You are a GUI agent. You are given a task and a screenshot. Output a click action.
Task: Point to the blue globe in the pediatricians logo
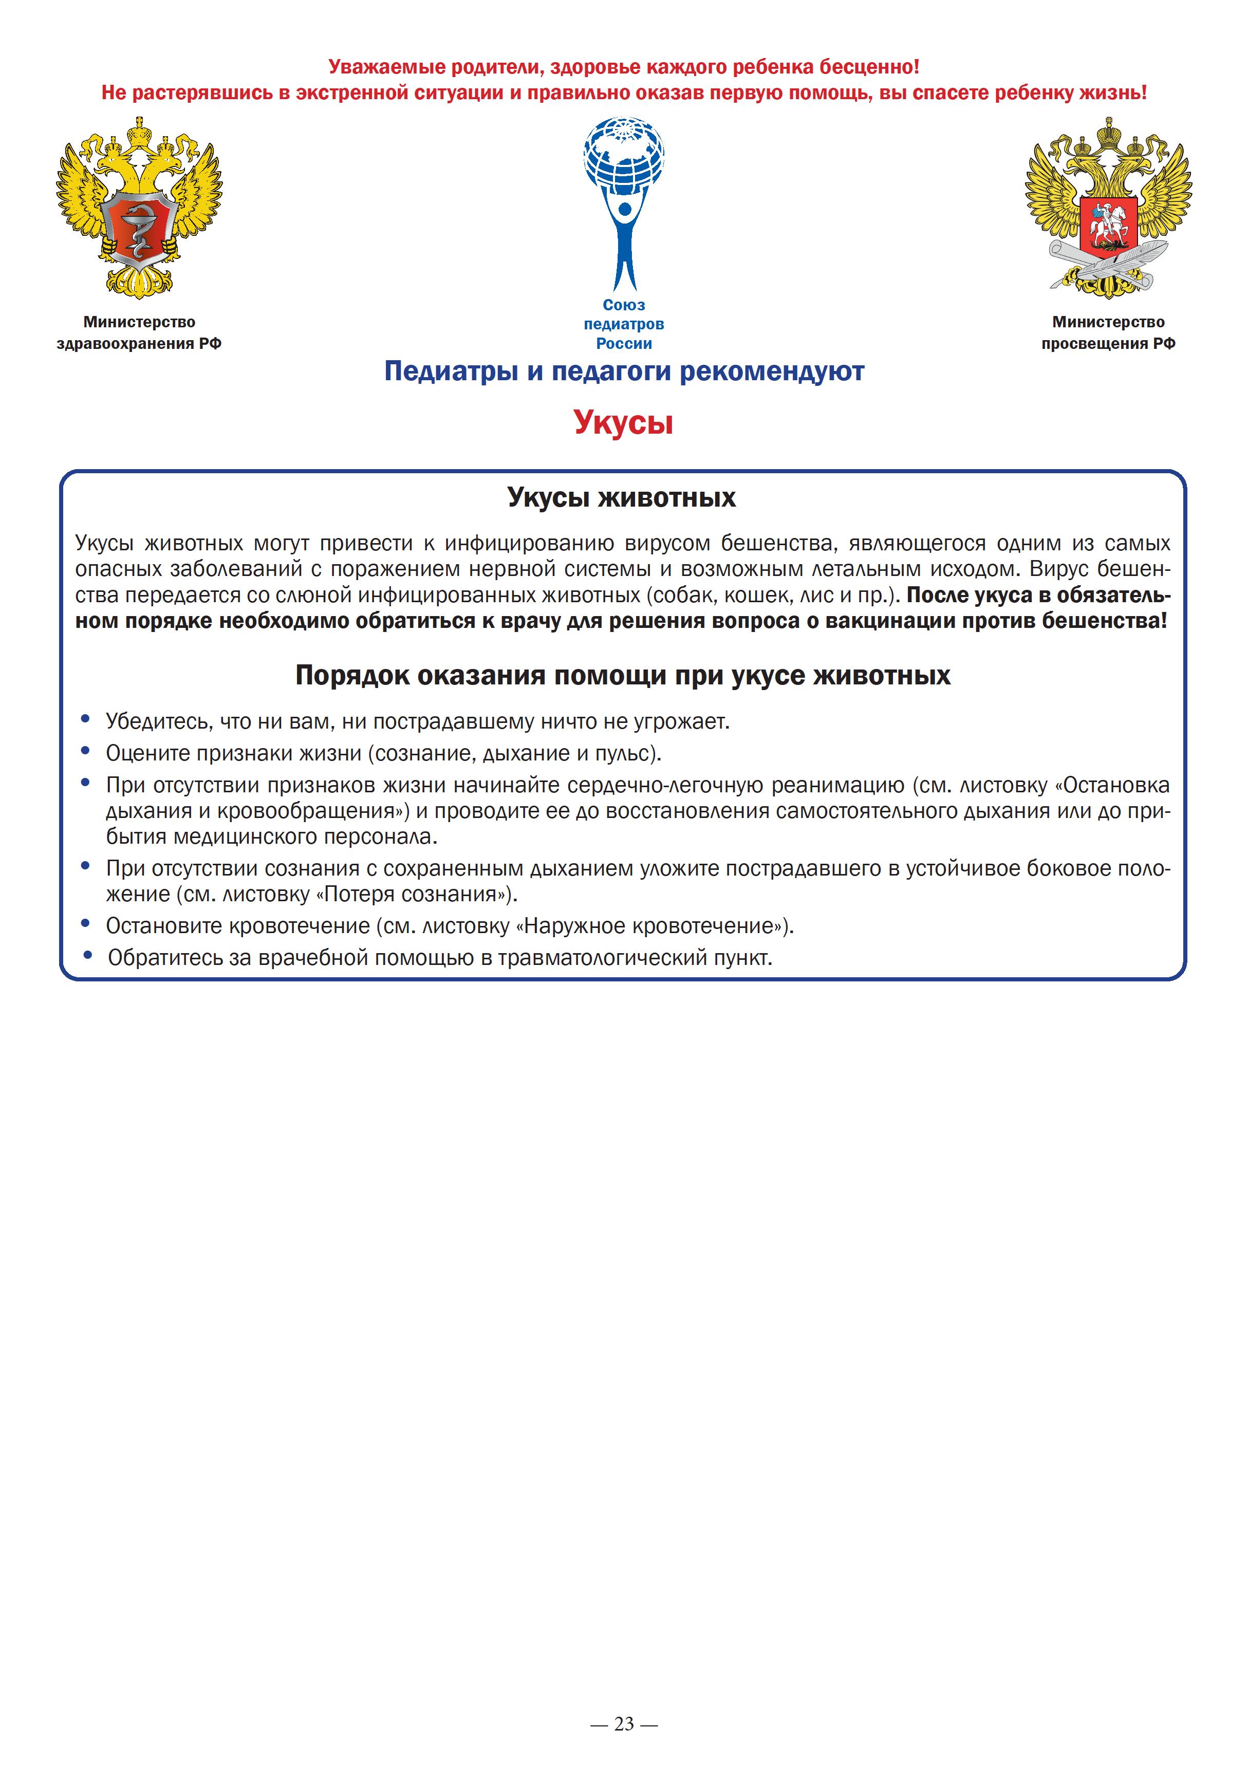624,158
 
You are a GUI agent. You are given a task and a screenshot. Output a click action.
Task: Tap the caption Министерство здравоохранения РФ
139,332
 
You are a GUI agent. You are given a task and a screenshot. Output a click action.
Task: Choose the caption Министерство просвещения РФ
1108,332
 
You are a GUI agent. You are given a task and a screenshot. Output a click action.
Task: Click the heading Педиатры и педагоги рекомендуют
624,371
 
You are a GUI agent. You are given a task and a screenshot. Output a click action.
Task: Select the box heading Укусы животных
621,498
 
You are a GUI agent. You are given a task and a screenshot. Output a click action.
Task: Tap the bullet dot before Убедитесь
85,720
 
